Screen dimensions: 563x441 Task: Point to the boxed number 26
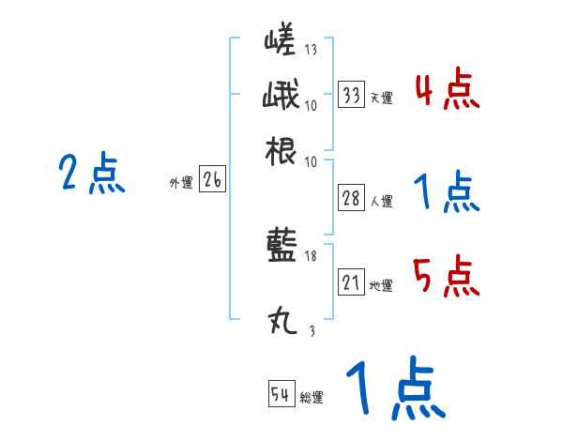click(x=211, y=181)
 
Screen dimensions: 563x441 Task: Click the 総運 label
click(x=311, y=397)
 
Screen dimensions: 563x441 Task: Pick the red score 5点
click(x=447, y=278)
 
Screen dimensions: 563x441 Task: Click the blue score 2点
click(x=91, y=174)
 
